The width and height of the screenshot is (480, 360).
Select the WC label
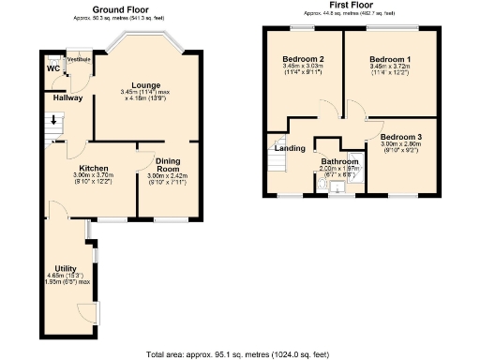(x=52, y=69)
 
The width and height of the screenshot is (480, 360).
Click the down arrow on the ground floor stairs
(x=53, y=120)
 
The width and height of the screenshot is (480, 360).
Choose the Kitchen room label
(x=92, y=168)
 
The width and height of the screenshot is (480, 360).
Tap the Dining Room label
(x=168, y=163)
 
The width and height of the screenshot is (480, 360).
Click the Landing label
(x=288, y=147)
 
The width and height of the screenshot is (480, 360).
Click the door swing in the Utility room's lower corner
(x=87, y=312)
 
